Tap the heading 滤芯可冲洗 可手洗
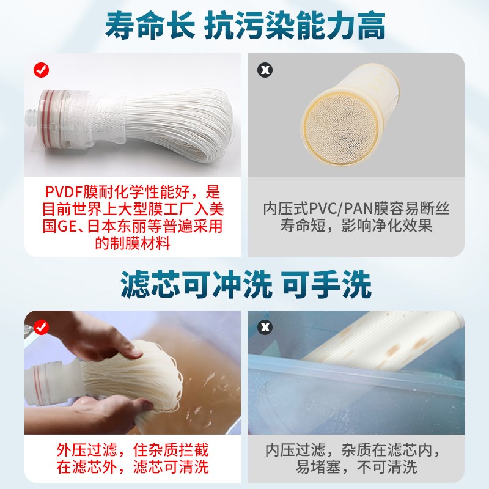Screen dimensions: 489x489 click(x=244, y=285)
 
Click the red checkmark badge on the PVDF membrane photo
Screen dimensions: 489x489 click(x=41, y=70)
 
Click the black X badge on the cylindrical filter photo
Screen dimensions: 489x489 click(x=265, y=70)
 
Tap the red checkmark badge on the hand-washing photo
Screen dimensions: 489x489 click(x=41, y=328)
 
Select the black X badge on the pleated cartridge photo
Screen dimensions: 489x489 click(x=265, y=328)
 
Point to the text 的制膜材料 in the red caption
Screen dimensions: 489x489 click(x=125, y=243)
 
